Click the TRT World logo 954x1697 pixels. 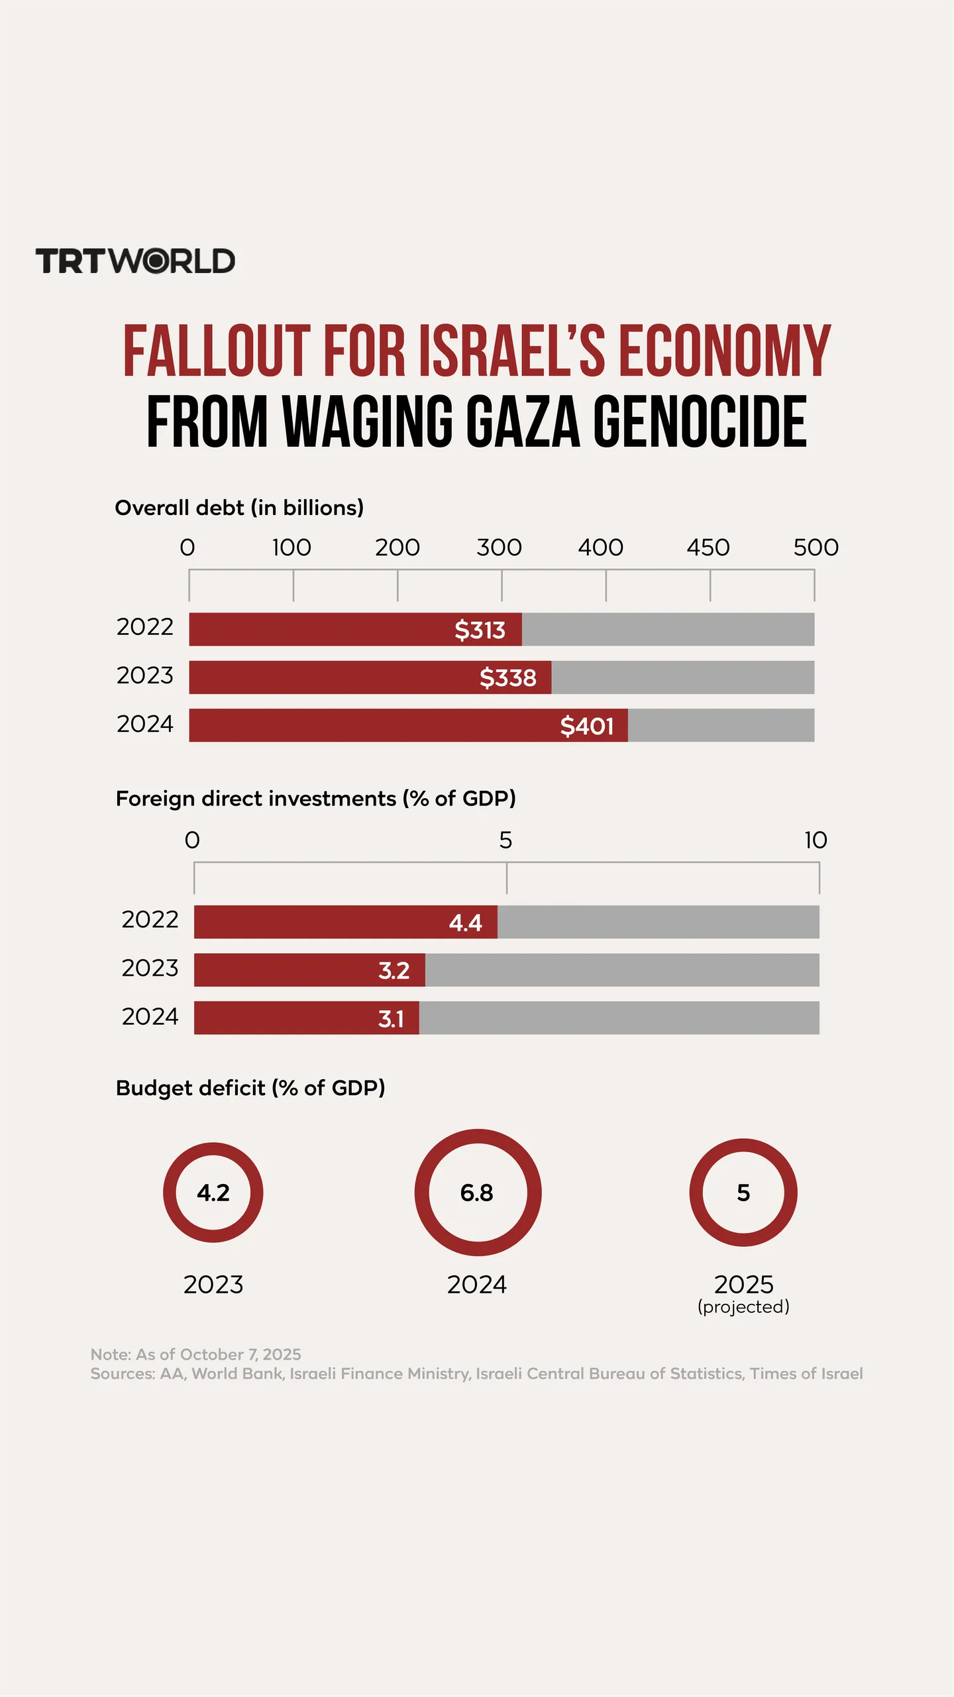pyautogui.click(x=135, y=261)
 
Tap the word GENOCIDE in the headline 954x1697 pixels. pyautogui.click(x=700, y=422)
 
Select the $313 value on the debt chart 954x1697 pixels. pyautogui.click(x=480, y=629)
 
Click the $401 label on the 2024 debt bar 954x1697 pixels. pyautogui.click(x=587, y=726)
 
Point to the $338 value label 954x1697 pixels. pyautogui.click(x=508, y=677)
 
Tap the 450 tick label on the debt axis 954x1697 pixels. pyautogui.click(x=708, y=548)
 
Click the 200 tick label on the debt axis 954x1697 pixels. pyautogui.click(x=397, y=548)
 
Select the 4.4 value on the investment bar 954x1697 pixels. pyautogui.click(x=465, y=922)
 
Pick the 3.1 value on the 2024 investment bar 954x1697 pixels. pyautogui.click(x=391, y=1018)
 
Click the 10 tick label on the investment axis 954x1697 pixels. pyautogui.click(x=816, y=841)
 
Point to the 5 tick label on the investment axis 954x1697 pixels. pyautogui.click(x=505, y=841)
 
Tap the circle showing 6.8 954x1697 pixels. pyautogui.click(x=478, y=1193)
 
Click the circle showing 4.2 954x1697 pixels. pyautogui.click(x=213, y=1193)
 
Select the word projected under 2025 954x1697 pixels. pyautogui.click(x=743, y=1307)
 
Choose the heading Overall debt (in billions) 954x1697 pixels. pyautogui.click(x=239, y=508)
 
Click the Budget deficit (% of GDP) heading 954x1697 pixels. pyautogui.click(x=250, y=1088)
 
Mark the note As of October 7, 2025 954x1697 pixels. pyautogui.click(x=196, y=1354)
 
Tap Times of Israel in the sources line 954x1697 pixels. pyautogui.click(x=806, y=1374)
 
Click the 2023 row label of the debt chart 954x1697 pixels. pyautogui.click(x=144, y=675)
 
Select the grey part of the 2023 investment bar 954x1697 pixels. pyautogui.click(x=621, y=970)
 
